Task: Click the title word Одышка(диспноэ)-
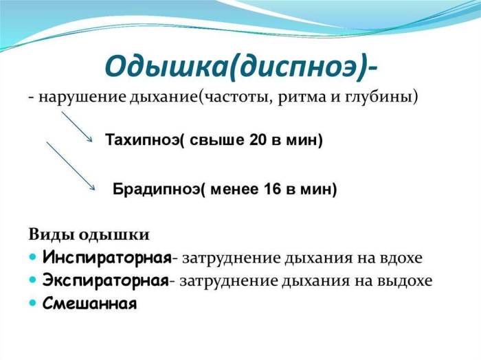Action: coord(240,66)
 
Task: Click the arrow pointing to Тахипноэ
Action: coord(77,127)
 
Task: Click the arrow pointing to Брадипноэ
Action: coord(70,165)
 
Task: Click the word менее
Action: coord(236,190)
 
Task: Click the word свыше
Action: coord(219,141)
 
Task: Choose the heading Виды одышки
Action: coord(89,234)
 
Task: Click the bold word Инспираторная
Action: coord(107,258)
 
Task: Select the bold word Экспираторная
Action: coord(105,280)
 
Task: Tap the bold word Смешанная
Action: coord(90,303)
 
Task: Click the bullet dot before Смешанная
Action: coord(34,302)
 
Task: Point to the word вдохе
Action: coord(402,258)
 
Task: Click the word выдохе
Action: coord(408,280)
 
